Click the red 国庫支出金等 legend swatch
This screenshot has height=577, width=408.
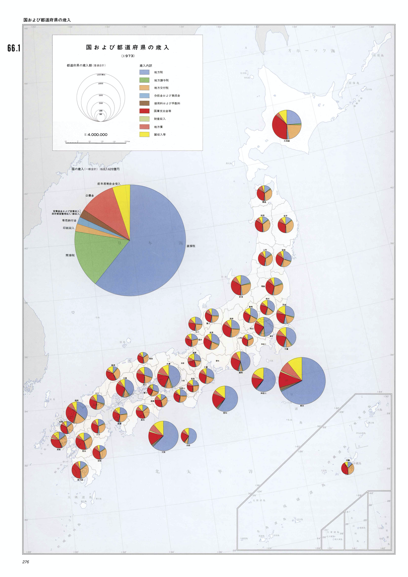[144, 111]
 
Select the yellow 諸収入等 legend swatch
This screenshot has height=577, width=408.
[144, 134]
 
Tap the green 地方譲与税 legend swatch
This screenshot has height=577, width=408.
[144, 80]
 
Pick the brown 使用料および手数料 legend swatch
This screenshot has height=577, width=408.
[144, 103]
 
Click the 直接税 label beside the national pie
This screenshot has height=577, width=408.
[191, 246]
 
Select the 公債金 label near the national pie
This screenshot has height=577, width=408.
[89, 195]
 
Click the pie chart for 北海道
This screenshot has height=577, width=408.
[287, 124]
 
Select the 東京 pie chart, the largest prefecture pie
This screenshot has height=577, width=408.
[302, 381]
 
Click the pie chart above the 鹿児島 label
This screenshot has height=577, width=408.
[80, 470]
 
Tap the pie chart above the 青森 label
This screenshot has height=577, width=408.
[264, 193]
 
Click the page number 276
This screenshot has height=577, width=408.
[26, 562]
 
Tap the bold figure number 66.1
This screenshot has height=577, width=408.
[14, 48]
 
